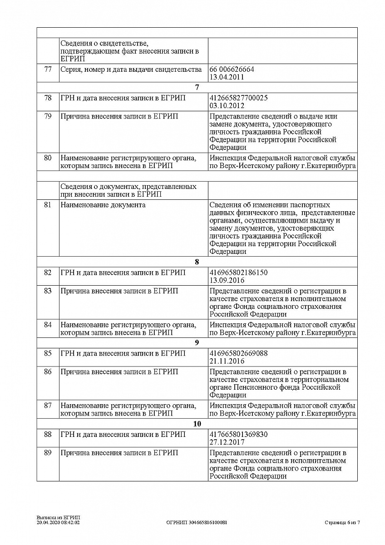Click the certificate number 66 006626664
232,69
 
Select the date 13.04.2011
227,77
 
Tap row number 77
48,69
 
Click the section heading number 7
197,88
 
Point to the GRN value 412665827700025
238,98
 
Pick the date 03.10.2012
227,105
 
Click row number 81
48,205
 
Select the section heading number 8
197,262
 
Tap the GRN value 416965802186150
238,272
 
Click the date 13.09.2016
227,280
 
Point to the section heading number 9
197,343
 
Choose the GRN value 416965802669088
238,353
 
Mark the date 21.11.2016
227,361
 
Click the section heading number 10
197,424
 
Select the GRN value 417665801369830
238,434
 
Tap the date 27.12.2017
227,442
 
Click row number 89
48,453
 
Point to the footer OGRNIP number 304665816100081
197,523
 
